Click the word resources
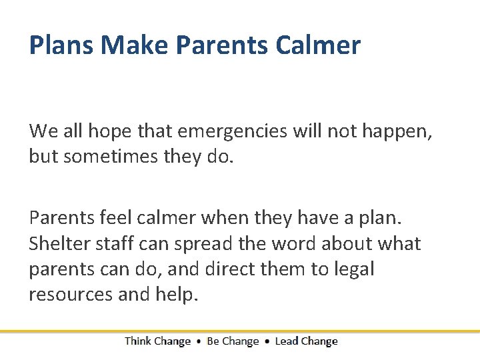(71, 295)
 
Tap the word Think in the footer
(137, 341)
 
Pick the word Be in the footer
(213, 341)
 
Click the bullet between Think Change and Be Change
(199, 342)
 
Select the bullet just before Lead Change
(267, 342)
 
